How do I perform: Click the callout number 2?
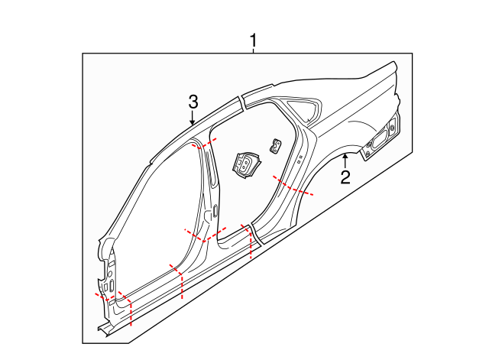[x=345, y=178]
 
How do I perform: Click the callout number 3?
[x=193, y=101]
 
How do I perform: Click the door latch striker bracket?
[x=245, y=164]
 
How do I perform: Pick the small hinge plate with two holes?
[x=274, y=144]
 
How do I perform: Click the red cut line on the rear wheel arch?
[x=295, y=186]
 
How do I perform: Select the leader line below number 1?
[x=254, y=50]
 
